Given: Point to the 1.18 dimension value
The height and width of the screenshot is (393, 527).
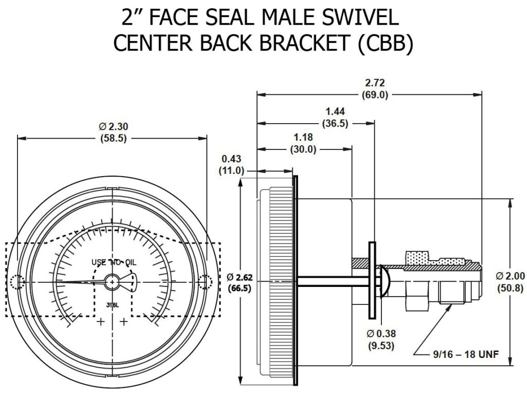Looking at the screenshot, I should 302,138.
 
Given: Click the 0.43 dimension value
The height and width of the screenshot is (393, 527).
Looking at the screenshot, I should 232,159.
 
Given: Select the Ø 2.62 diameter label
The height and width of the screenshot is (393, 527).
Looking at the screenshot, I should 239,278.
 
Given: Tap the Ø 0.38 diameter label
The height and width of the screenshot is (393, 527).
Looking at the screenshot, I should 380,334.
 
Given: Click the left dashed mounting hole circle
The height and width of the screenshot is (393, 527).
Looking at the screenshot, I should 17,282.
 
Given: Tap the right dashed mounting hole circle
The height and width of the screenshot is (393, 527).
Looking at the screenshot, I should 205,282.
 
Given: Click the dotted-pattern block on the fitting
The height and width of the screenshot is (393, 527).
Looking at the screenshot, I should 420,257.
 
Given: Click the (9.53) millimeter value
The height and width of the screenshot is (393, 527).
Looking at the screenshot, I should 380,346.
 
